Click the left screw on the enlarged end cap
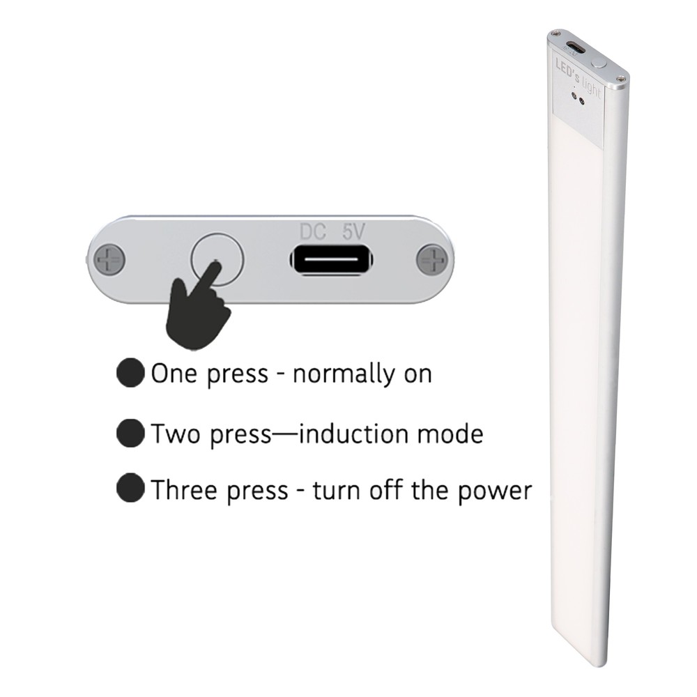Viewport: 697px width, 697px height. click(109, 259)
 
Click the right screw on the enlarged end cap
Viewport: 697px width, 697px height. click(433, 259)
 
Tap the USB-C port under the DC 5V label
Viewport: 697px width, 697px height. click(331, 260)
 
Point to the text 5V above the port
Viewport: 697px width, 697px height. click(354, 232)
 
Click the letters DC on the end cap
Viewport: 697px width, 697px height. click(313, 232)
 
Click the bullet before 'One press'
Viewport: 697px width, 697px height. click(131, 372)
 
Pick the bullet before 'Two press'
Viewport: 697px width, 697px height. click(131, 433)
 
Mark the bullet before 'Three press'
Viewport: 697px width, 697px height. click(131, 488)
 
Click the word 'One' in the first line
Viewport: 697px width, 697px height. click(174, 374)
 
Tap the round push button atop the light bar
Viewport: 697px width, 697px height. click(599, 62)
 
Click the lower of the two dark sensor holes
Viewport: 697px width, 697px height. click(581, 102)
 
